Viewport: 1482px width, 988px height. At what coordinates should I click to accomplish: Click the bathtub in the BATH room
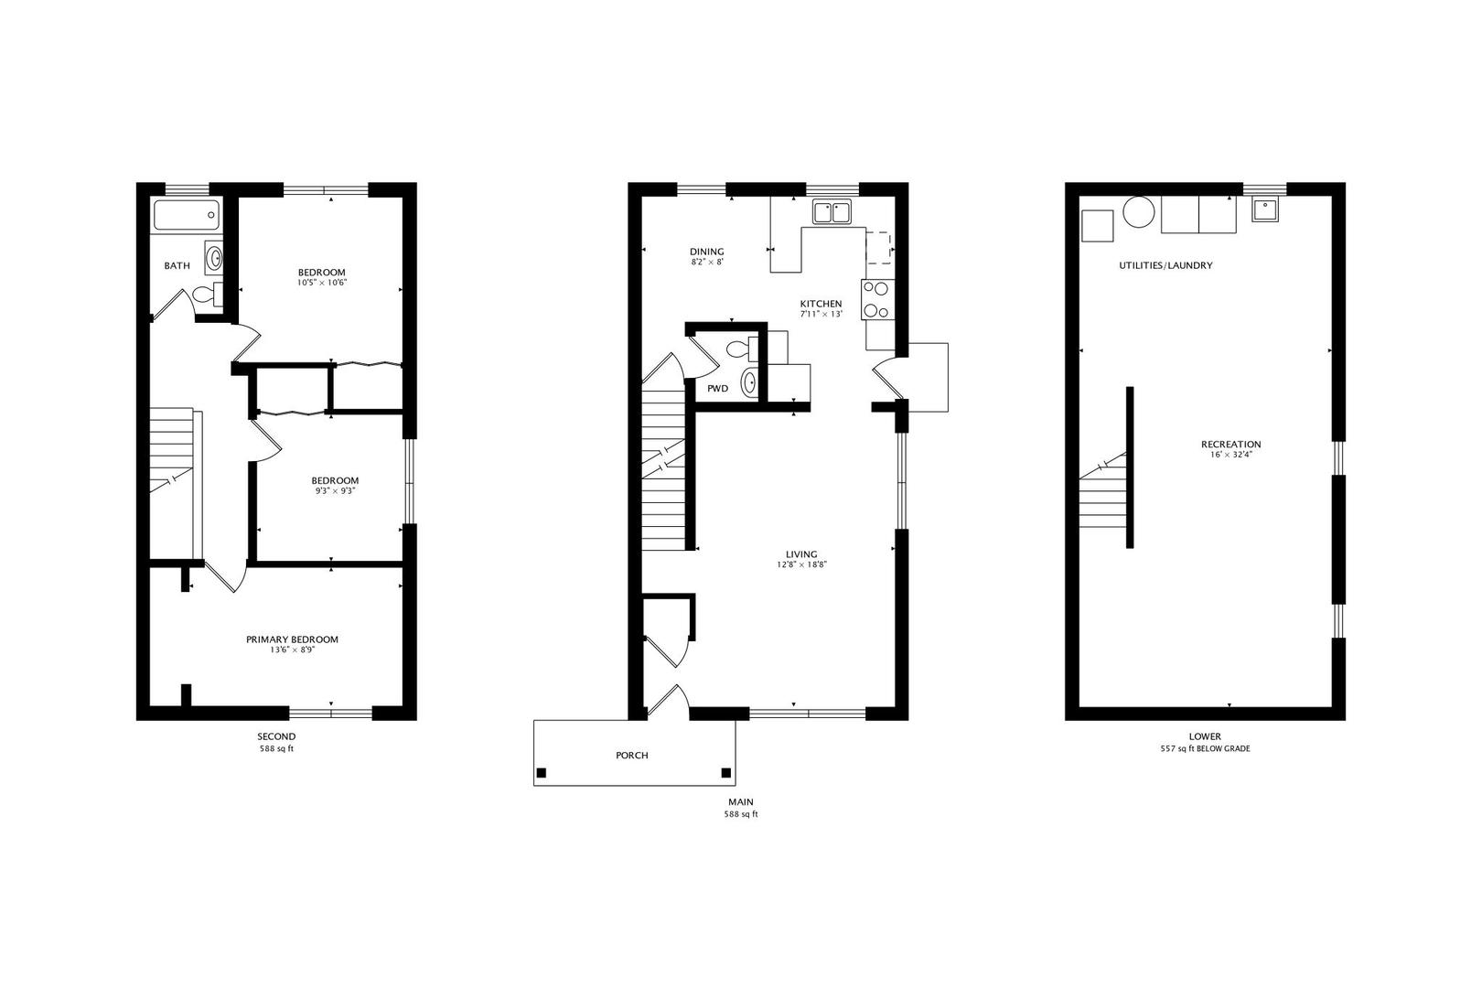point(187,215)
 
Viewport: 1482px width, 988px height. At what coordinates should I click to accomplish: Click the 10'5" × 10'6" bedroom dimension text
point(322,283)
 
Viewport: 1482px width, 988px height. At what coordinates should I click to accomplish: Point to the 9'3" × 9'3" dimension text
point(335,491)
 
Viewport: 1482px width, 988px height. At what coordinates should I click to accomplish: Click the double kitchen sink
point(832,212)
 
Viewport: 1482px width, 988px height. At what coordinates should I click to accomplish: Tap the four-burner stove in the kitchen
point(876,299)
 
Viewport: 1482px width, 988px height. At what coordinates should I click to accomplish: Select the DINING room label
point(706,252)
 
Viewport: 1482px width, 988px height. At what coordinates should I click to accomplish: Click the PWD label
point(717,389)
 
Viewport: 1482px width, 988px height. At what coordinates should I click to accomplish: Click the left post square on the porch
point(542,773)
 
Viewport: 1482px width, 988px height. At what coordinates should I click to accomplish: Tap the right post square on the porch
point(726,773)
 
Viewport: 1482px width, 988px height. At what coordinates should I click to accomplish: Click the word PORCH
point(632,756)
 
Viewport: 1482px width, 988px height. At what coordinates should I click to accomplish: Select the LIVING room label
point(801,554)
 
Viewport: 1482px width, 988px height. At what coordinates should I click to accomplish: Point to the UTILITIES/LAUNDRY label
point(1165,265)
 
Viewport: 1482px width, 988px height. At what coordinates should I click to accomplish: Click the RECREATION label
point(1230,445)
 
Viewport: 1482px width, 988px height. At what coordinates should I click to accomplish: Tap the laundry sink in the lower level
point(1266,211)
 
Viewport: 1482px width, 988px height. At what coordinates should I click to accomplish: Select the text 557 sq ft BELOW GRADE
point(1205,748)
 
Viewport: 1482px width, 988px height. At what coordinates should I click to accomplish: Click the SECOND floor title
point(276,736)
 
